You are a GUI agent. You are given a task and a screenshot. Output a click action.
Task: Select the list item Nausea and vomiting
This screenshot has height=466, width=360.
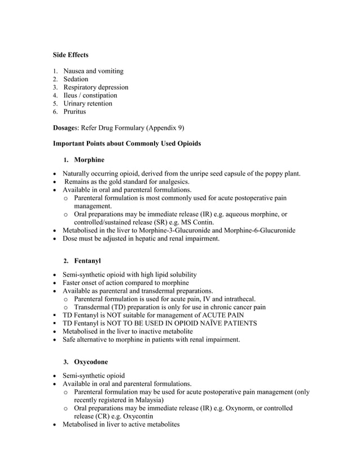93,71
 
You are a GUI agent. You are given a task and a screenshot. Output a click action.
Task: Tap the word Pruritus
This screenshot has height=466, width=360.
74,112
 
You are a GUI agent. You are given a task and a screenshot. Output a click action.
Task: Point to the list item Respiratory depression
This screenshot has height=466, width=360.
95,87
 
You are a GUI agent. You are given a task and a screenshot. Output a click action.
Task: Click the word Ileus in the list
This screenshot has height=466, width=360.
71,95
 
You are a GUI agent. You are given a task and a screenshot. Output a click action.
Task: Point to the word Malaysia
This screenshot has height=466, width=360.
144,399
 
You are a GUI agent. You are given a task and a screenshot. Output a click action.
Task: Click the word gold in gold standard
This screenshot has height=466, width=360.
114,182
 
